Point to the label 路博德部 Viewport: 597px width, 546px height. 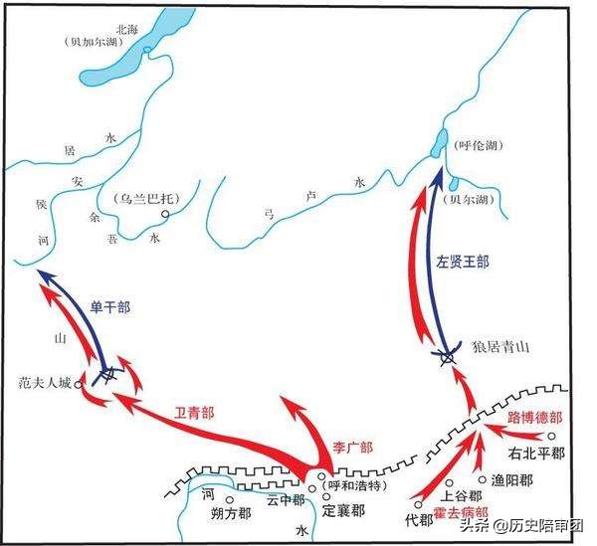534,417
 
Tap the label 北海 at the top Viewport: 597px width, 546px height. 129,30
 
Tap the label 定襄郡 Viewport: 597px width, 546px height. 343,510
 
